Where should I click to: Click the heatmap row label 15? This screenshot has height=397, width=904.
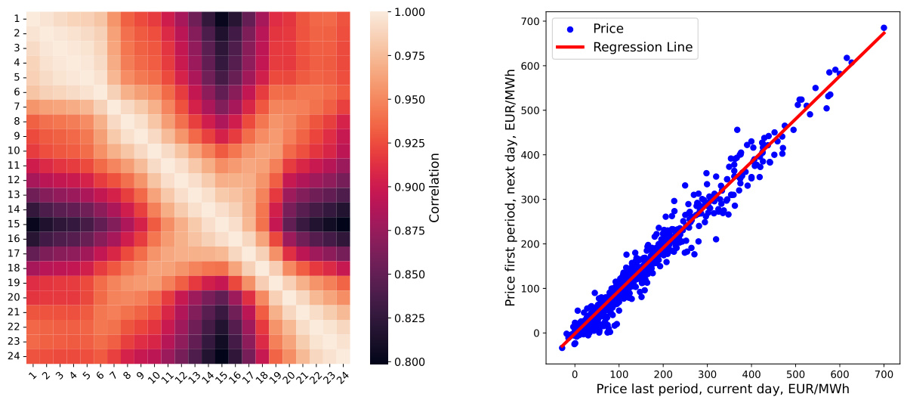tap(16, 225)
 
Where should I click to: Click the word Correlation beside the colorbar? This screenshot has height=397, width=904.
tap(435, 187)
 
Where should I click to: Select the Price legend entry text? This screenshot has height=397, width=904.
tap(609, 29)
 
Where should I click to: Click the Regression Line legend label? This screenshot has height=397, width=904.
tap(643, 48)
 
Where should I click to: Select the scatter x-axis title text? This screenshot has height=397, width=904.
tap(723, 388)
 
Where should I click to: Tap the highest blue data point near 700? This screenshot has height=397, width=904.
tap(884, 28)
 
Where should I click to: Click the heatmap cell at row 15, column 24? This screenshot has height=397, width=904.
tap(343, 225)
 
